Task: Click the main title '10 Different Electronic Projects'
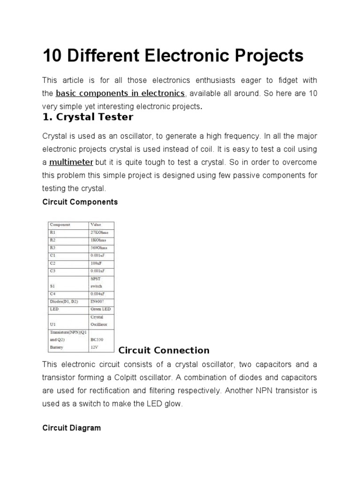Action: (173, 56)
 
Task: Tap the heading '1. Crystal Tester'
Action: (88, 117)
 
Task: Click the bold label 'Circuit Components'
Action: (80, 202)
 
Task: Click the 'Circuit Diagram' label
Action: (71, 428)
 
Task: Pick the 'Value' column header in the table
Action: (96, 225)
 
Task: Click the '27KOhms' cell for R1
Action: (99, 232)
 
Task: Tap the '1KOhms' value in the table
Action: (98, 240)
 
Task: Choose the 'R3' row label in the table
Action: (52, 247)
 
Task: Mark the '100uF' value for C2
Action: (97, 263)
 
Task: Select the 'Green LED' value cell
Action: (100, 309)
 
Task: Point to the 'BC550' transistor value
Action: (97, 340)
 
